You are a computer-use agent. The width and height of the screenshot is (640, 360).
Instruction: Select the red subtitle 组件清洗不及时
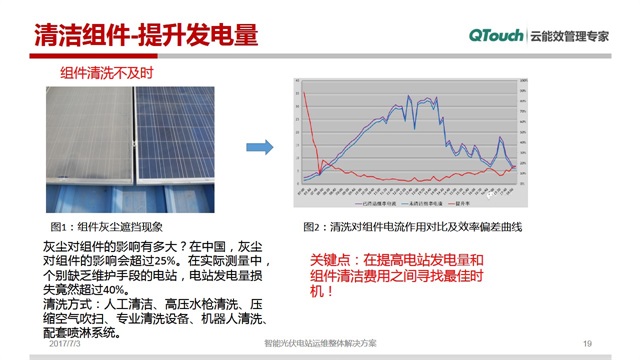pos(107,75)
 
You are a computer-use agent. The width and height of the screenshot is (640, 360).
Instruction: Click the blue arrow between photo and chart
pos(260,147)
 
